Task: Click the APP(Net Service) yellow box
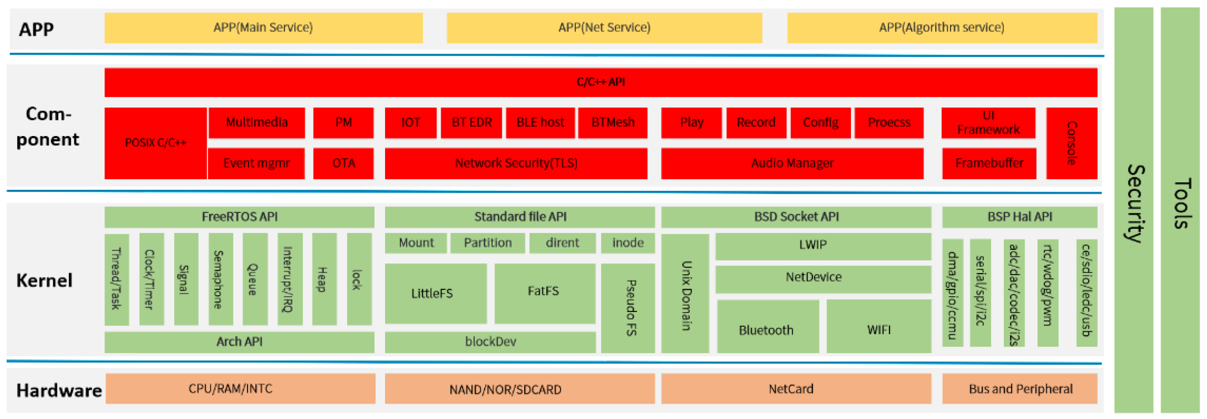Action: click(x=604, y=28)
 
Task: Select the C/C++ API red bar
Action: click(x=601, y=82)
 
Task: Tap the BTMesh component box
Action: click(x=613, y=122)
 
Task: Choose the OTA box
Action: click(x=343, y=163)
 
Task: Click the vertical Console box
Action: click(x=1071, y=143)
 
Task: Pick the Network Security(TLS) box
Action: click(x=516, y=163)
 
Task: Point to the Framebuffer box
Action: click(x=989, y=163)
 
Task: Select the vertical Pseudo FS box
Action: click(x=628, y=308)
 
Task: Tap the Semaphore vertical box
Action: click(x=220, y=279)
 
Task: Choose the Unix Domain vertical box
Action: click(x=685, y=294)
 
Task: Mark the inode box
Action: click(x=628, y=243)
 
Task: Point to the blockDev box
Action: click(x=490, y=342)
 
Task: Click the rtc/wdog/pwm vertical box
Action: click(x=1048, y=292)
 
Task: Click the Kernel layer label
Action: click(x=44, y=280)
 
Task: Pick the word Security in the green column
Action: click(x=1134, y=203)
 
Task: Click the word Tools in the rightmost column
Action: click(x=1180, y=203)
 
